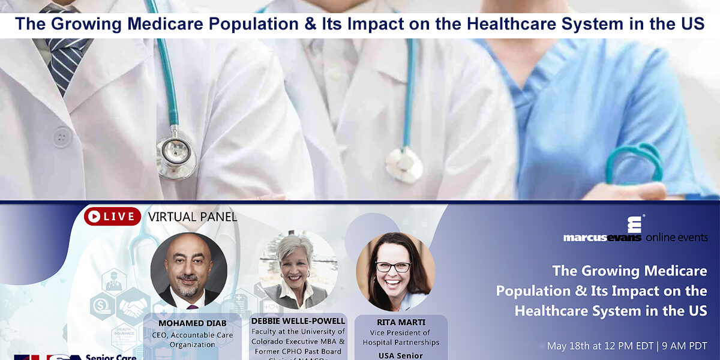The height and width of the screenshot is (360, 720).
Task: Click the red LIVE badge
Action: pyautogui.click(x=112, y=216)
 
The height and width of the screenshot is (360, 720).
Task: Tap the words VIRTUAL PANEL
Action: pyautogui.click(x=192, y=217)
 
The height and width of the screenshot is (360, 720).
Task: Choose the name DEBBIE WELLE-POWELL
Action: pyautogui.click(x=298, y=321)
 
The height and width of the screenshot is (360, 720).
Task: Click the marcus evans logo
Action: pyautogui.click(x=602, y=230)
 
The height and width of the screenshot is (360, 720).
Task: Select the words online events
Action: pyautogui.click(x=676, y=238)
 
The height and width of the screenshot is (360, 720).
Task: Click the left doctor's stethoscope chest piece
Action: pyautogui.click(x=175, y=157)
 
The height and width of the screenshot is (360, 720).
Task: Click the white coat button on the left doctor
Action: pyautogui.click(x=62, y=137)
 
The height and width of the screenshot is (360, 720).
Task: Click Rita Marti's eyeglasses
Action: pyautogui.click(x=393, y=267)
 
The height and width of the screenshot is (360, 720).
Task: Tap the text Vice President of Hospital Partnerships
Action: pyautogui.click(x=396, y=338)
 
